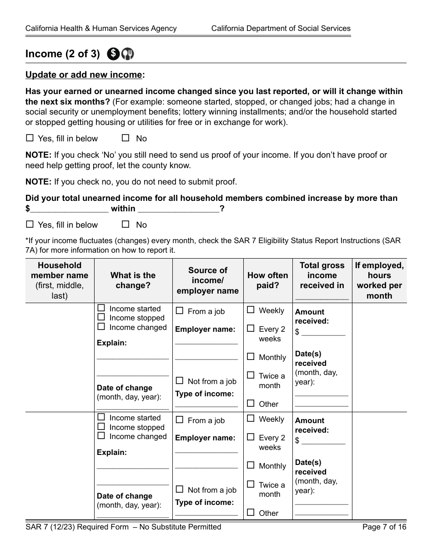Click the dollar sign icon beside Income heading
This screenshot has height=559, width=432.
(x=113, y=54)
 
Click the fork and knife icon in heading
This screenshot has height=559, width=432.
(x=128, y=54)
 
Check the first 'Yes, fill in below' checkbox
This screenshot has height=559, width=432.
(x=30, y=138)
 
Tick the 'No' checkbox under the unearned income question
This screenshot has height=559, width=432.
(x=126, y=224)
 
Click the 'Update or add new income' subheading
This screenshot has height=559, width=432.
(x=85, y=75)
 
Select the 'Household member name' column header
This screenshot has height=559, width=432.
(x=60, y=280)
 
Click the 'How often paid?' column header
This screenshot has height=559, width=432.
(x=267, y=280)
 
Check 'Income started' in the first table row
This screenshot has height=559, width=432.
(x=101, y=308)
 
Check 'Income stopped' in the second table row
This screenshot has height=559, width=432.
(x=101, y=427)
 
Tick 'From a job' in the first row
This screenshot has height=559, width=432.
(x=180, y=311)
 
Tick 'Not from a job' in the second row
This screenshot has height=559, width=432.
(x=180, y=489)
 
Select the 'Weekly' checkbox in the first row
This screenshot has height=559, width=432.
(x=251, y=310)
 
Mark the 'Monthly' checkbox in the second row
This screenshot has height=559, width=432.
(x=251, y=465)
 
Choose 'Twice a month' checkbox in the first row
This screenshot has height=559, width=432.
(x=251, y=375)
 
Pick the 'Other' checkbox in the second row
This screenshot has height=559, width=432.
(x=251, y=512)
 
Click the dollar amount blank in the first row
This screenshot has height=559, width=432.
(x=323, y=332)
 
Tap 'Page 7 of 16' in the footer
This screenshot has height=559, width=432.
(x=384, y=527)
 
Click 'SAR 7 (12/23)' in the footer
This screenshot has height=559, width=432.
(x=51, y=527)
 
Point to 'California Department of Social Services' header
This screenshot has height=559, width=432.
(x=281, y=28)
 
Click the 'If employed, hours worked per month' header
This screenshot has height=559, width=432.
(x=379, y=280)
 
